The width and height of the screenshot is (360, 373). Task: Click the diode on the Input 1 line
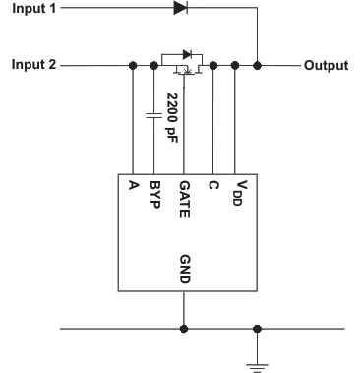coord(180,9)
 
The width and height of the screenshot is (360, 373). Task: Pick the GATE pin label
coord(183,195)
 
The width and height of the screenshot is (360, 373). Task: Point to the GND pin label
coord(183,271)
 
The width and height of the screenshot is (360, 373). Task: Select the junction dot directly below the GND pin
coord(183,327)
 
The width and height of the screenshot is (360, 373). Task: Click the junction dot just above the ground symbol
coord(257,327)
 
